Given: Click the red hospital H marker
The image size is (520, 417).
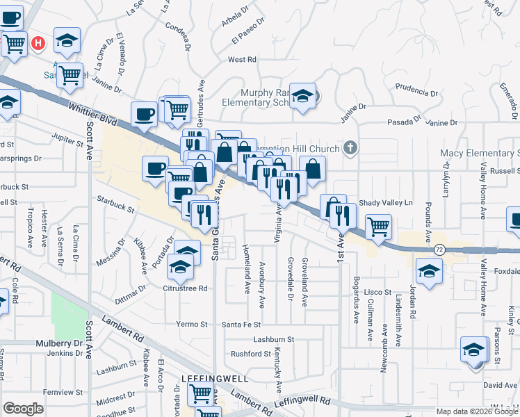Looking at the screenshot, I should pos(39,43).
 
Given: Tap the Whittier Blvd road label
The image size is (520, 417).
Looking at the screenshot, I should pos(92,113).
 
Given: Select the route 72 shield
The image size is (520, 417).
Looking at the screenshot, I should pos(439,249).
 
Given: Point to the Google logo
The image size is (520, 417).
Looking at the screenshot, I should pos(23,408).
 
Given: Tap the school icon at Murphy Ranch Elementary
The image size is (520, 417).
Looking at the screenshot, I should pos(302,97).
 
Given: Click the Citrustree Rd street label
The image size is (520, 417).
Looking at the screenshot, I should pos(185,288).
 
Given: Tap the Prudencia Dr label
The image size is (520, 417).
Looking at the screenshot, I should pos(416,92).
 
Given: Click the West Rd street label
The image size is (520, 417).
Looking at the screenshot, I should pos(242,60).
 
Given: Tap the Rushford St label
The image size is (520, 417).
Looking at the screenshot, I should pos(250,354).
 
